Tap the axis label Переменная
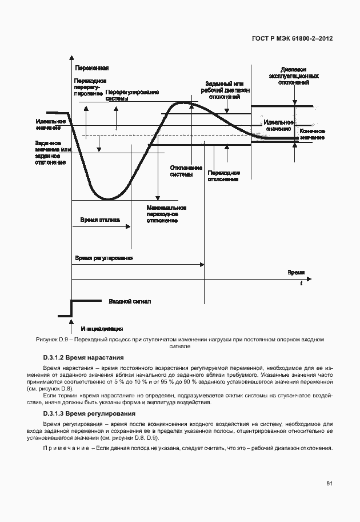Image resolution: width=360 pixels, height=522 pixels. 92,68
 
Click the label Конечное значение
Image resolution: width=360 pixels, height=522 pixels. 312,134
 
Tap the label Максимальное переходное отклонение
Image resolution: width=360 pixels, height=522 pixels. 167,214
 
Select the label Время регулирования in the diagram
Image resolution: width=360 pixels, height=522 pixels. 104,258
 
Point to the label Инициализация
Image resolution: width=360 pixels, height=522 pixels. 102,329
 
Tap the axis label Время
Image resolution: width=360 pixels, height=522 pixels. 296,273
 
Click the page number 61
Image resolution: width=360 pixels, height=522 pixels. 329,484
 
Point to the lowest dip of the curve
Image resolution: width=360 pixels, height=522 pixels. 107,198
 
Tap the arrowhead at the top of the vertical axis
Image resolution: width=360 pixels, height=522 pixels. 71,58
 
